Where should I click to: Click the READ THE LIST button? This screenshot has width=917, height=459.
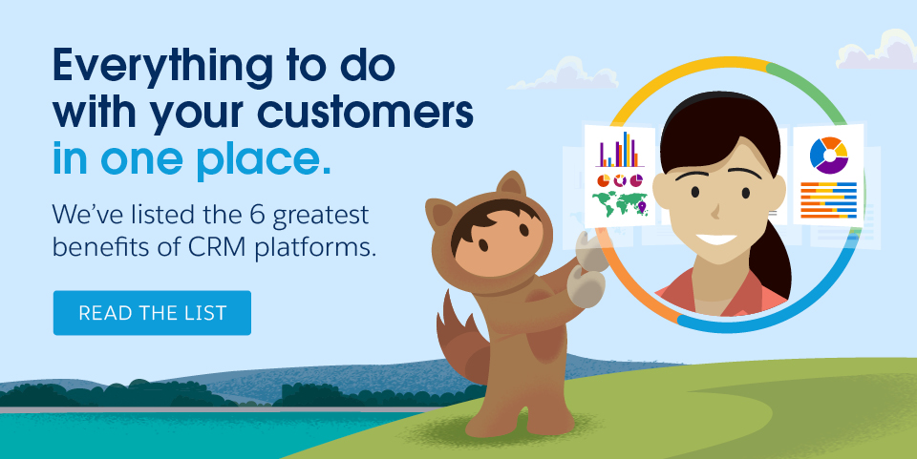click(152, 313)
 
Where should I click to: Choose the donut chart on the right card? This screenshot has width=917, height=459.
click(828, 156)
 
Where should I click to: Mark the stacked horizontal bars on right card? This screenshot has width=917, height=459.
click(828, 201)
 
